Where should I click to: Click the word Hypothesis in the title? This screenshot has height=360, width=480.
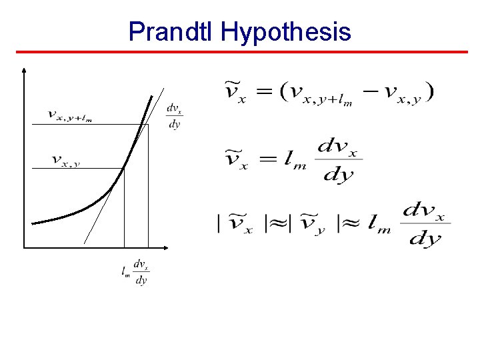286,31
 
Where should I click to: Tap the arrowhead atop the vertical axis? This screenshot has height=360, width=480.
24,69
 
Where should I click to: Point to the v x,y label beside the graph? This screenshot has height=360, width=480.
65,161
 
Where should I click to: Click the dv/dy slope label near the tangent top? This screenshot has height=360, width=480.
174,116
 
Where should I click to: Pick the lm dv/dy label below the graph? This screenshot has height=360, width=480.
135,272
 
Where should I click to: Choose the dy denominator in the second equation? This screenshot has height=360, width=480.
337,175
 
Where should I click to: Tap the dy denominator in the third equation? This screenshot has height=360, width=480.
425,239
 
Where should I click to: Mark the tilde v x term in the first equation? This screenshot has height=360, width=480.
235,93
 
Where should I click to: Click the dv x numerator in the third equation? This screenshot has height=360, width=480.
426,211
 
